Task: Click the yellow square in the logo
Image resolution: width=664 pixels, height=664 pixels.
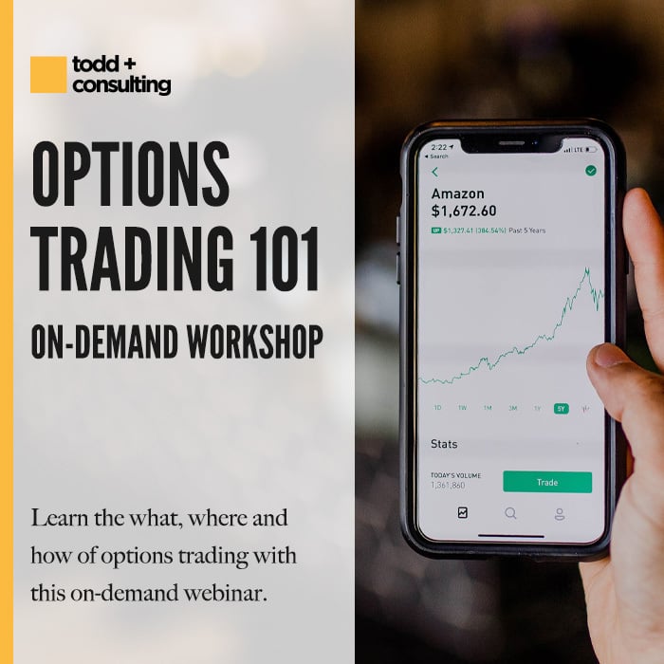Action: point(48,75)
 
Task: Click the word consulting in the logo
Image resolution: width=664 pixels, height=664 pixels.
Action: point(121,85)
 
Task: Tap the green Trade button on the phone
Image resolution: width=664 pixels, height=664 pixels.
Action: point(547,482)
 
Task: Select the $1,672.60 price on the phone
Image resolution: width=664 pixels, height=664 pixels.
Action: point(463,211)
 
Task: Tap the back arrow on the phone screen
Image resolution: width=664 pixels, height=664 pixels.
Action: point(435,173)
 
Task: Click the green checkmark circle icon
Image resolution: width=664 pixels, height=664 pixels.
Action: point(591,171)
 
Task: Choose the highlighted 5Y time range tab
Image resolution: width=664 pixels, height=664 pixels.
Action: point(562,408)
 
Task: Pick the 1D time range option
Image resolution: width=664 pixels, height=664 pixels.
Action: point(438,408)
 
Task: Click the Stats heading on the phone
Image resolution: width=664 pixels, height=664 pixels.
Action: point(444,443)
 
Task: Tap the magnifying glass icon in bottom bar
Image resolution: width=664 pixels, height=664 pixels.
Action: point(510,513)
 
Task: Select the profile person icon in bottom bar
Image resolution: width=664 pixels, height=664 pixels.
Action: point(560,513)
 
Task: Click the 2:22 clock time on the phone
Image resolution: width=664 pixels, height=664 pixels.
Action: point(438,148)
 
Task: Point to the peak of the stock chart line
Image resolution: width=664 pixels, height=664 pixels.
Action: point(588,269)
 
